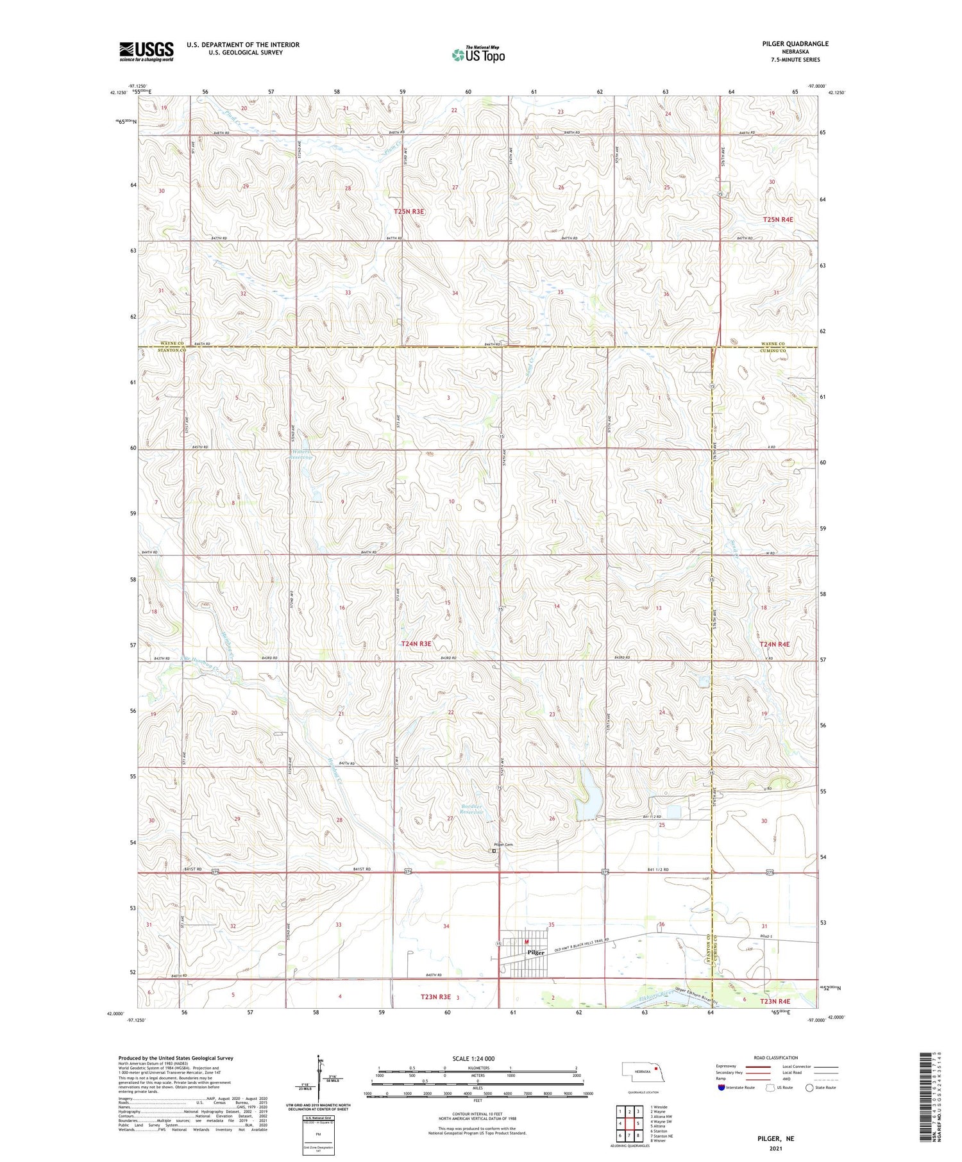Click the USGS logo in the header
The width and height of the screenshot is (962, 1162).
pos(146,51)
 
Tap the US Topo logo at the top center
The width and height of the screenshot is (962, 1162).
pos(478,55)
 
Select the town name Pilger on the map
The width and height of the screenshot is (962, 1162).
pos(536,952)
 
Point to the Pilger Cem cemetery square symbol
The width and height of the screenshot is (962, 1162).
pos(494,851)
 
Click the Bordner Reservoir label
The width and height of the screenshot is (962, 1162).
pos(475,809)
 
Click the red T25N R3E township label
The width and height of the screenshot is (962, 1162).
pos(409,211)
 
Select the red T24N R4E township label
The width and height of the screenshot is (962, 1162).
pos(774,644)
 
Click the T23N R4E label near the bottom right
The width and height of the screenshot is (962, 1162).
pos(775,1001)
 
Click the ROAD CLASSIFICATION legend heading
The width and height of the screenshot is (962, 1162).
pos(776,1058)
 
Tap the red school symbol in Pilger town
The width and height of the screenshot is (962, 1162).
pos(527,942)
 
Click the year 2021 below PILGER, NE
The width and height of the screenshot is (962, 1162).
pos(776,1149)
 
